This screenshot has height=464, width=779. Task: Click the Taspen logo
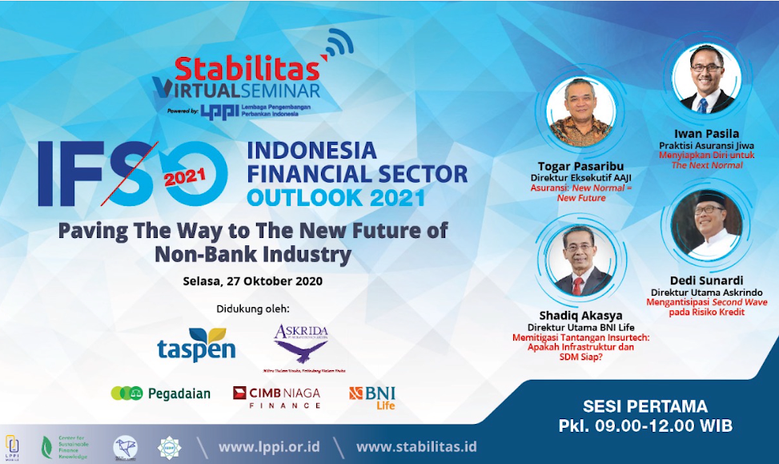[196, 344]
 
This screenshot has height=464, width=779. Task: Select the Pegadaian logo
[160, 393]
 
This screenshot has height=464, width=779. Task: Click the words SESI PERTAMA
[644, 406]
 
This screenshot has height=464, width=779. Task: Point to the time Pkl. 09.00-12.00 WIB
[644, 426]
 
